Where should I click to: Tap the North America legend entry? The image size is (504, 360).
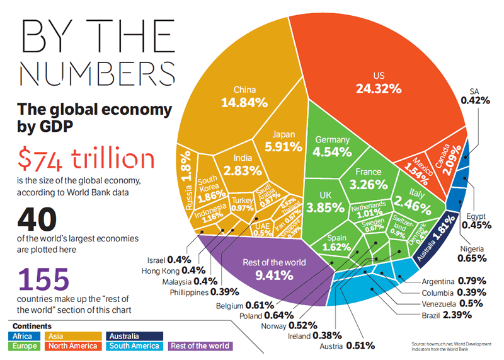click(x=75, y=345)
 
